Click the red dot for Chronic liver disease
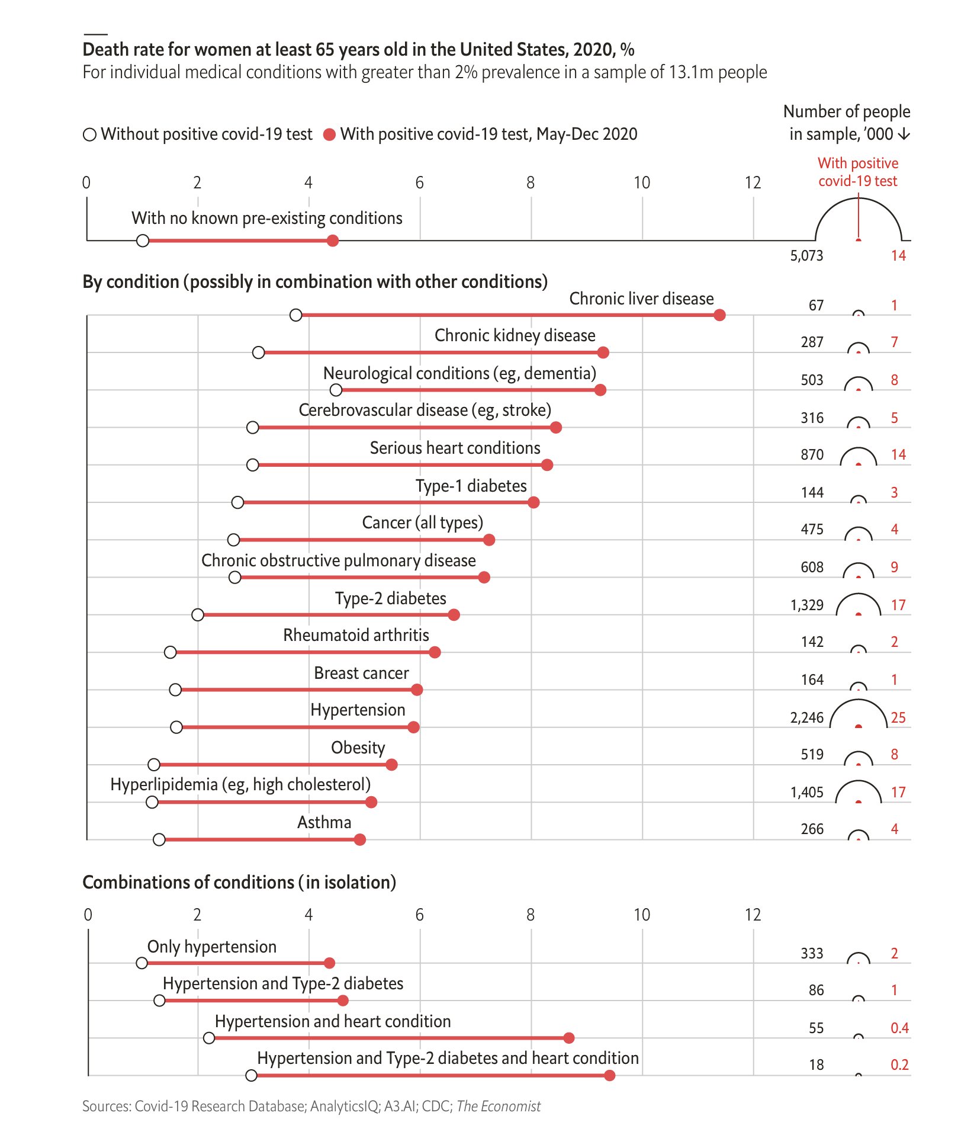click(719, 315)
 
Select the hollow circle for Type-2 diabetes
click(198, 615)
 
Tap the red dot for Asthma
click(360, 839)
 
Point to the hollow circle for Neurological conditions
click(336, 390)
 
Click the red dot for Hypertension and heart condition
click(569, 1038)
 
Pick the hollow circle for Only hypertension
click(142, 963)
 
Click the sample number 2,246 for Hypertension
click(806, 718)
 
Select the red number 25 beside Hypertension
click(898, 718)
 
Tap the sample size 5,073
click(806, 256)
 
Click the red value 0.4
click(899, 1028)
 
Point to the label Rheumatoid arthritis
click(356, 636)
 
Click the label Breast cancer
click(361, 674)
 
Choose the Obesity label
click(358, 748)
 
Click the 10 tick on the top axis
click(642, 182)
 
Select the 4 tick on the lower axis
click(308, 915)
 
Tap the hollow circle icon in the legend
click(89, 135)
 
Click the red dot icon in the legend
click(330, 135)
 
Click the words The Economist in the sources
click(499, 1107)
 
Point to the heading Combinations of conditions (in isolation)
click(239, 883)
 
